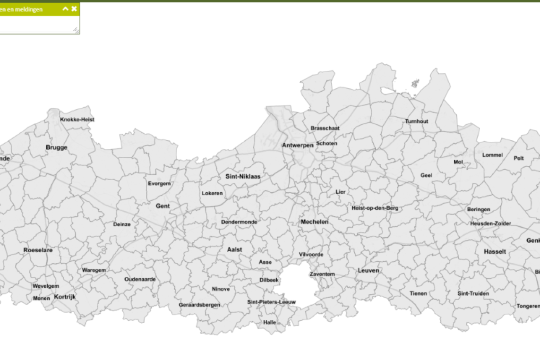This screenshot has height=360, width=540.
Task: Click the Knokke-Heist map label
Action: [x=77, y=120]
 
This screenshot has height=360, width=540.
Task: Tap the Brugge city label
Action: [x=57, y=147]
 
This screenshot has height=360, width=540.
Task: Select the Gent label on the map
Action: [x=163, y=206]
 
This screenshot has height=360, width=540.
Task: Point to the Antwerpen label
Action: [x=298, y=146]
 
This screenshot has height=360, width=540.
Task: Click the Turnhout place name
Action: [x=416, y=121]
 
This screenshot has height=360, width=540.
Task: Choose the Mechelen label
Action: [x=314, y=222]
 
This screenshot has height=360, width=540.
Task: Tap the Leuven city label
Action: [x=368, y=270]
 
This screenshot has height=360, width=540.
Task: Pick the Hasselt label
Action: [x=495, y=252]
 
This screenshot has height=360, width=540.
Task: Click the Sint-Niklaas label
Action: [x=243, y=177]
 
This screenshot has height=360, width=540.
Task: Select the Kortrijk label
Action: [x=65, y=297]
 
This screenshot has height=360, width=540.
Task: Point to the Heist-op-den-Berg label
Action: [x=375, y=208]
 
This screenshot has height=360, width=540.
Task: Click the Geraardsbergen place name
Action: [x=199, y=305]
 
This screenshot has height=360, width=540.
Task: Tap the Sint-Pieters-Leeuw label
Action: [x=272, y=302]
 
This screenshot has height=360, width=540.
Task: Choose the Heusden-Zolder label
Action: [x=490, y=223]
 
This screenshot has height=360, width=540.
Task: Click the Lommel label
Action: [x=492, y=155]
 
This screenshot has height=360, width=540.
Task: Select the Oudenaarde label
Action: [x=140, y=279]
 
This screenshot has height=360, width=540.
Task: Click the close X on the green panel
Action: [x=74, y=9]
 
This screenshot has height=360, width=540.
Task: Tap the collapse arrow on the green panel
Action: [x=65, y=9]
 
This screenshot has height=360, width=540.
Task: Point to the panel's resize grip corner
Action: [x=76, y=31]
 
